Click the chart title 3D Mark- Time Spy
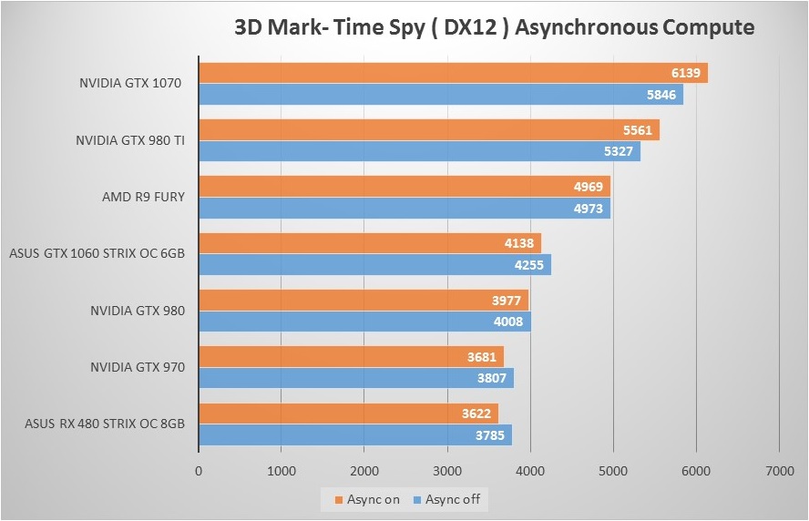click(x=494, y=27)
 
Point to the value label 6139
click(x=685, y=73)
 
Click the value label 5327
click(x=618, y=151)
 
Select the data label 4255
click(x=528, y=264)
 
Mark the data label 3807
click(x=492, y=378)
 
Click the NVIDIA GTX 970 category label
click(x=138, y=367)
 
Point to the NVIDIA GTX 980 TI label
click(x=130, y=141)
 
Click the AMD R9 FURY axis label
click(x=144, y=197)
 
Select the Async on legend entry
click(x=367, y=499)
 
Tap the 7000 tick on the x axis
click(x=779, y=472)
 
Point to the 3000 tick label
click(x=447, y=472)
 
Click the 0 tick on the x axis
click(x=199, y=472)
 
